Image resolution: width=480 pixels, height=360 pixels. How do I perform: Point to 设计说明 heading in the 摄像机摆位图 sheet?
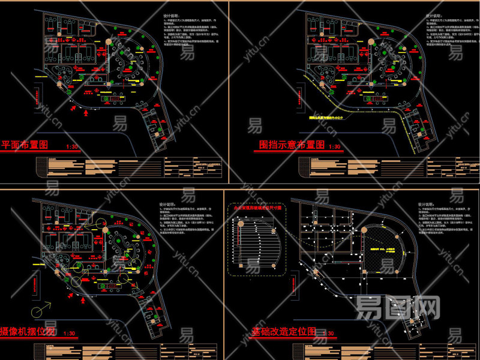[x=169, y=203]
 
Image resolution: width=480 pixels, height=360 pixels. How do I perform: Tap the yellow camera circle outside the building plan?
[x=38, y=310]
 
